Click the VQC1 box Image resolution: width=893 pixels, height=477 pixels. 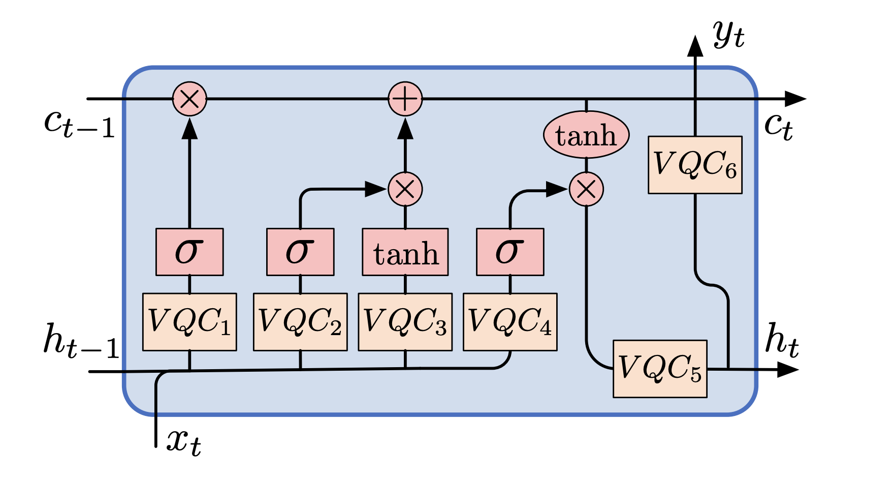[x=189, y=322]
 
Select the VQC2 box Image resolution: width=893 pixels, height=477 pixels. [x=300, y=322]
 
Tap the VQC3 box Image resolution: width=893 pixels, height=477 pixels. [x=405, y=322]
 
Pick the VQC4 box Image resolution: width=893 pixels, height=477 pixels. [x=510, y=322]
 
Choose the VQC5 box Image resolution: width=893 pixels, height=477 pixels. [x=660, y=369]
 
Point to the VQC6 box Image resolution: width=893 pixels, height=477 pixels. [x=695, y=165]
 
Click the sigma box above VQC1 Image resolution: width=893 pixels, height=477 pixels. [x=189, y=252]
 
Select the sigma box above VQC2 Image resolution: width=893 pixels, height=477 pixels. [x=300, y=252]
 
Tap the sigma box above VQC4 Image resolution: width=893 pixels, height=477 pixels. [x=510, y=252]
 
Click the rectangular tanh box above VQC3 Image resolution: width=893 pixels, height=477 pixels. [x=405, y=252]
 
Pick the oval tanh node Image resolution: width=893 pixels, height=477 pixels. [x=586, y=135]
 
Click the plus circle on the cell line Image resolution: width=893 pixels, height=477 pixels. [x=405, y=99]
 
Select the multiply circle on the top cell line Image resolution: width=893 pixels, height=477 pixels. [x=189, y=99]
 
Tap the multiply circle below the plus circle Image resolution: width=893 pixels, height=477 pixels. [x=405, y=189]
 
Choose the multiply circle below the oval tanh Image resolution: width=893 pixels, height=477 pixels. [x=586, y=189]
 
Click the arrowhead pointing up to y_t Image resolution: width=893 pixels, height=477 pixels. [x=695, y=46]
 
